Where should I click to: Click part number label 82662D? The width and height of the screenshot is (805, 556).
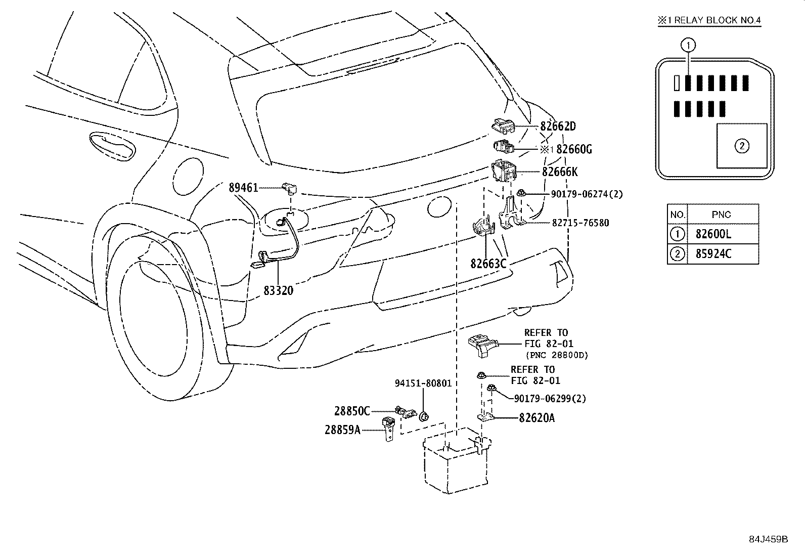pyautogui.click(x=558, y=126)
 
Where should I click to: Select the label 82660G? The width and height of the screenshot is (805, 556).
pyautogui.click(x=574, y=149)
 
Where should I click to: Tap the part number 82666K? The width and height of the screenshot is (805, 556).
pyautogui.click(x=560, y=172)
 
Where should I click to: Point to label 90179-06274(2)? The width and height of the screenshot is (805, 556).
pyautogui.click(x=587, y=194)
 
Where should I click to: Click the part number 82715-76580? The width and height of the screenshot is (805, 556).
pyautogui.click(x=580, y=223)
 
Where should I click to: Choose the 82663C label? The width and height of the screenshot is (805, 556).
pyautogui.click(x=488, y=264)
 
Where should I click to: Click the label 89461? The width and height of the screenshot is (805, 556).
pyautogui.click(x=243, y=187)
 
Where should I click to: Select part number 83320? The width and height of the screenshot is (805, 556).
pyautogui.click(x=278, y=290)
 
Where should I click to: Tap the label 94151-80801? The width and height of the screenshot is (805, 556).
pyautogui.click(x=423, y=383)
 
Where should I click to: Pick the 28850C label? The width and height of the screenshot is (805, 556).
pyautogui.click(x=352, y=411)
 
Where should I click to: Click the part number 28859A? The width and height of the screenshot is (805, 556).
pyautogui.click(x=342, y=430)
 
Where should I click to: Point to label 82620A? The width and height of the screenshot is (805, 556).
pyautogui.click(x=537, y=418)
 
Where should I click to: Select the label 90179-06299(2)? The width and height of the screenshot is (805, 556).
pyautogui.click(x=550, y=399)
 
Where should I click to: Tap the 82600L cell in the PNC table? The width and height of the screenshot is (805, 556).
pyautogui.click(x=713, y=234)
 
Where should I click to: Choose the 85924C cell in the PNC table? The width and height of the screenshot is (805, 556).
pyautogui.click(x=713, y=254)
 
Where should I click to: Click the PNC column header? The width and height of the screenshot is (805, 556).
pyautogui.click(x=721, y=215)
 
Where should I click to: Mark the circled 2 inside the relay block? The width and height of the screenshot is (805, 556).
pyautogui.click(x=742, y=146)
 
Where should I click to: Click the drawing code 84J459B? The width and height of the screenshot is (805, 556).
pyautogui.click(x=769, y=539)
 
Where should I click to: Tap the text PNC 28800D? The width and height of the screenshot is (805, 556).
pyautogui.click(x=557, y=355)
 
